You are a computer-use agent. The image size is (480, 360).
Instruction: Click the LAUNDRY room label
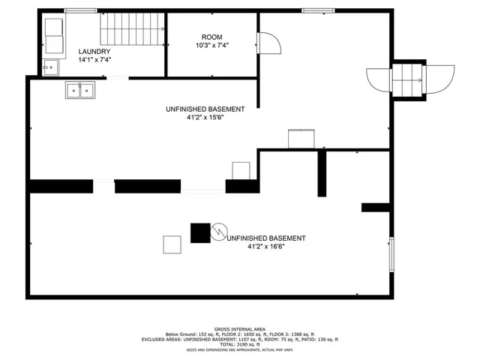pos(94,51)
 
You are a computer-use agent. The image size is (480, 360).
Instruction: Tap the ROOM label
pos(211,37)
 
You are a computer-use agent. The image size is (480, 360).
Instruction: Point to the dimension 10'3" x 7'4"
pos(211,45)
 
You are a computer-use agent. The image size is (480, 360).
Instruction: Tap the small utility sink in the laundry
pos(51,67)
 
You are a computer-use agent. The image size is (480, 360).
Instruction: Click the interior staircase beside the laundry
pos(132,30)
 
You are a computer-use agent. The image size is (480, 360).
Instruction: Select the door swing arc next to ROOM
pos(268,45)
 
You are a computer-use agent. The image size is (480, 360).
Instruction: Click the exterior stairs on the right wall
pos(409,80)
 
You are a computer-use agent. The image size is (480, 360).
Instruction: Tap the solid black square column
pos(200,232)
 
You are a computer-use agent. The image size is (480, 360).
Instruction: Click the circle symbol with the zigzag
pos(219,232)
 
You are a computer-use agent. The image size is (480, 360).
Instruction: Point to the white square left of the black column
pos(172,244)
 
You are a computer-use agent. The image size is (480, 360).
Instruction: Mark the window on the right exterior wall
pos(390,253)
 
